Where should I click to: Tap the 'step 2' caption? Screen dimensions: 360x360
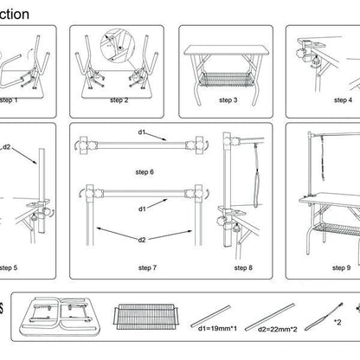(119, 100)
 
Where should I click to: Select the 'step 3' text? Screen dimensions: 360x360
(228, 100)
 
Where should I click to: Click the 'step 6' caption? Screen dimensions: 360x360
(145, 171)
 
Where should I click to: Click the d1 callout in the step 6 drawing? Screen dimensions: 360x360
(142, 132)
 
